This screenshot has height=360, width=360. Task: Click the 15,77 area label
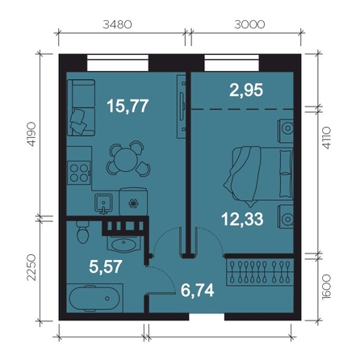click(128, 106)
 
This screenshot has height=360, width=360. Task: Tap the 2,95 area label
click(246, 90)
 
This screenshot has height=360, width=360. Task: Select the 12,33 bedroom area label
click(242, 219)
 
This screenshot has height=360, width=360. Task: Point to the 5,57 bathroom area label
click(106, 266)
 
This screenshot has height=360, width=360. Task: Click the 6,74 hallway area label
click(198, 290)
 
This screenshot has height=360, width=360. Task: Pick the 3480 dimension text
click(117, 25)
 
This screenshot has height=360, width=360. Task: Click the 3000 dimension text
click(249, 25)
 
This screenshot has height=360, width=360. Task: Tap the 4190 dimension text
click(31, 134)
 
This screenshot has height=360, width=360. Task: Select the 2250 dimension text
click(31, 267)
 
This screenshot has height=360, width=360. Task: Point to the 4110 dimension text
click(326, 138)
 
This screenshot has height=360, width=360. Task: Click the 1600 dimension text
click(326, 287)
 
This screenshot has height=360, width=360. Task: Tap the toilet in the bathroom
click(82, 232)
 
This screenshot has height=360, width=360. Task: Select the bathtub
click(94, 299)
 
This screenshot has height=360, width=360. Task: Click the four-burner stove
click(78, 173)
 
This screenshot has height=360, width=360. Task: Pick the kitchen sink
click(103, 203)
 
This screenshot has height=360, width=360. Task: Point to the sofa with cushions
click(82, 107)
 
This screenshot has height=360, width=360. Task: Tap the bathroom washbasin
click(123, 244)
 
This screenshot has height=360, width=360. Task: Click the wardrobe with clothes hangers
click(260, 272)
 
